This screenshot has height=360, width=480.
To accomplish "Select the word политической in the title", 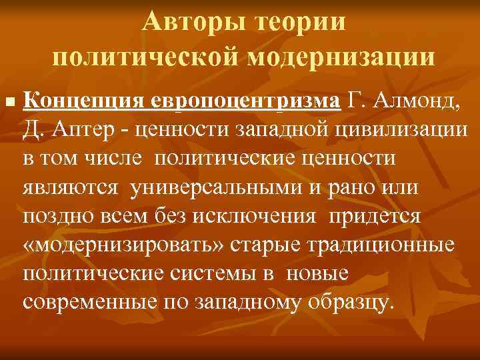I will point(146,58).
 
